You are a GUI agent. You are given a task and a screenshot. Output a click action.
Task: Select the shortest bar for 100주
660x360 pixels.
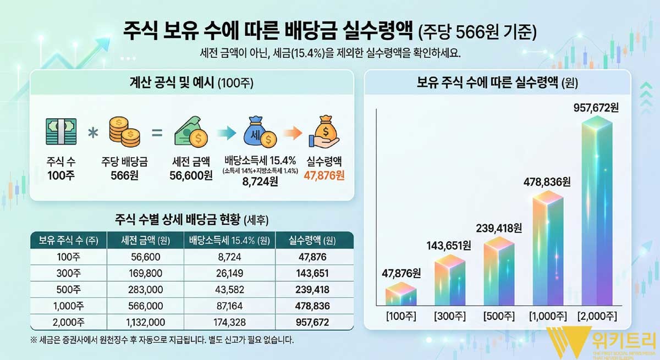coord(401,294)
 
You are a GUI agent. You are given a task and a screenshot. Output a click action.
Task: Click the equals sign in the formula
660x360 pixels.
coord(157,132)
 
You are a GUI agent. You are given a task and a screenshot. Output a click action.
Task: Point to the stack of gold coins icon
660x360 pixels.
coord(124,132)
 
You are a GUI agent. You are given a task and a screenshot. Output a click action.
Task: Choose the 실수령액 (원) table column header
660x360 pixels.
coord(312,241)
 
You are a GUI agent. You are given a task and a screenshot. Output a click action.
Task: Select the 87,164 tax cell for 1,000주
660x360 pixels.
coord(228,306)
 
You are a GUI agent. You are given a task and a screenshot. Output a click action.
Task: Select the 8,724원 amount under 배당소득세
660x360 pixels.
coord(260,182)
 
